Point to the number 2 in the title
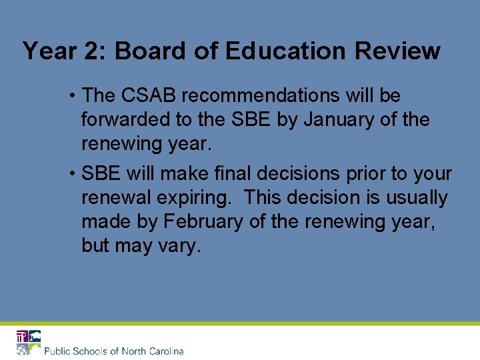89,51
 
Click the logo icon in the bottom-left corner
29,342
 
